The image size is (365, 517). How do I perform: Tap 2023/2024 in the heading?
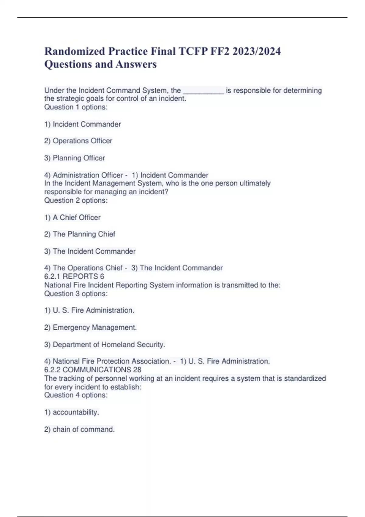click(256, 51)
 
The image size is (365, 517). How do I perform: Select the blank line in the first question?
click(203, 91)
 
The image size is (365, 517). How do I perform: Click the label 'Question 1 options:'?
click(76, 107)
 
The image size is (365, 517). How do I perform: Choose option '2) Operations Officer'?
click(78, 141)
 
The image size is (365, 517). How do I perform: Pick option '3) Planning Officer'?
click(75, 158)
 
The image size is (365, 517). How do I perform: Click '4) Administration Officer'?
click(83, 175)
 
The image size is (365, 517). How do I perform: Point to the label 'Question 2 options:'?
click(76, 200)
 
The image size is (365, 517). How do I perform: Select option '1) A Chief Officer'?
click(72, 217)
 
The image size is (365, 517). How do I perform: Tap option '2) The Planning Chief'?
click(80, 234)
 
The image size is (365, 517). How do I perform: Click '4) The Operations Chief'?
click(83, 268)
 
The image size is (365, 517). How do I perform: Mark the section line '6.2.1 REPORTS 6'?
click(74, 276)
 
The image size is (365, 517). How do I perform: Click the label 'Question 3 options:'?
click(76, 294)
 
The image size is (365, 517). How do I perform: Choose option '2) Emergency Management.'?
click(90, 328)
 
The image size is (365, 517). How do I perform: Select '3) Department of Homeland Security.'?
click(105, 345)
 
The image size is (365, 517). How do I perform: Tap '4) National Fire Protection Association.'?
click(107, 361)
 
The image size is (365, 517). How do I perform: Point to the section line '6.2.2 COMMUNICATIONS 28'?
click(93, 370)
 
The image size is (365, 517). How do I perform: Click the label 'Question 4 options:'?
click(76, 395)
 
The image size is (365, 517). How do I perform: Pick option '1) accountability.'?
click(72, 412)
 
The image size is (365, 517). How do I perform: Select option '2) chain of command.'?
click(79, 429)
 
